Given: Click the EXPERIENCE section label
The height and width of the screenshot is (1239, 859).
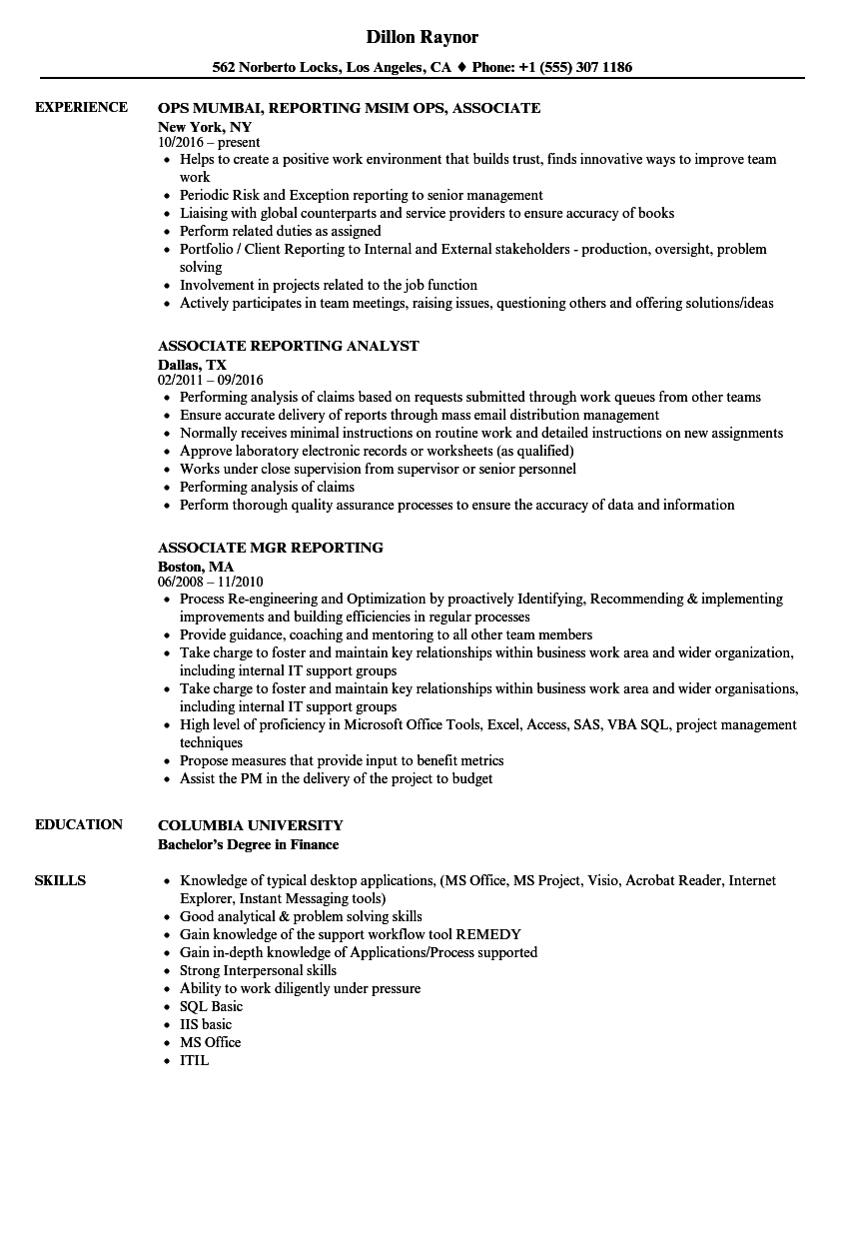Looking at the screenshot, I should pos(81,107).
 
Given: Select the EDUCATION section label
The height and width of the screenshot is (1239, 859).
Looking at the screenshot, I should pos(79,824).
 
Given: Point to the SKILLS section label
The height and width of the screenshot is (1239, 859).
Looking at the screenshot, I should pos(60,880).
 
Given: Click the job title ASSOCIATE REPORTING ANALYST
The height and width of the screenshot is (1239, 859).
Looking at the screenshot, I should pos(289,346).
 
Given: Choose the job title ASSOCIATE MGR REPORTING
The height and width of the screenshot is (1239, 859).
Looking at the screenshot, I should pos(271,548).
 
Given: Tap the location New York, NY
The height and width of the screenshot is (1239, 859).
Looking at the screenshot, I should pos(205,127).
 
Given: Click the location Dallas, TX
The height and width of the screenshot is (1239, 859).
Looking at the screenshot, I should pos(193,365).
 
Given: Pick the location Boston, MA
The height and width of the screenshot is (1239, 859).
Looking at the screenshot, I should pos(196,567).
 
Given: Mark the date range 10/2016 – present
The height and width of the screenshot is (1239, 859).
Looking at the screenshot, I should pos(209,142).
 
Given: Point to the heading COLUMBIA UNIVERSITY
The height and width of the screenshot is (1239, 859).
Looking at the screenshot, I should pos(251,825).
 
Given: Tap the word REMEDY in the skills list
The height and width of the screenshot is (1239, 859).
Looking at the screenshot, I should pos(488,934).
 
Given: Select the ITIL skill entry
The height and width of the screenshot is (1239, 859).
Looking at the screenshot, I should pos(194,1060).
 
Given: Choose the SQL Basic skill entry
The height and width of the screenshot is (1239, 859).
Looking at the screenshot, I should pos(211,1006).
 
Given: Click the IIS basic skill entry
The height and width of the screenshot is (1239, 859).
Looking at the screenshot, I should pos(206,1024).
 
